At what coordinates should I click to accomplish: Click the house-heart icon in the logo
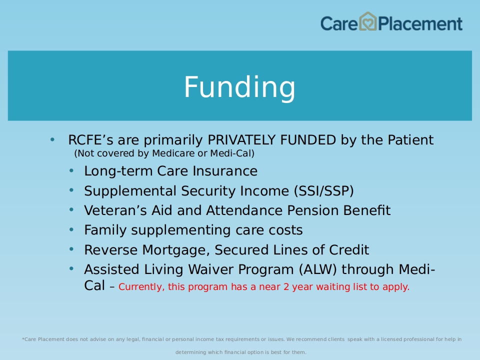point(367,21)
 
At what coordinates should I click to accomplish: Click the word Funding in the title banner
point(239,87)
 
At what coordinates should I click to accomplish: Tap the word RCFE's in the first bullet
point(90,140)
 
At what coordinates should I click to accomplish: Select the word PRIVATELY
point(241,140)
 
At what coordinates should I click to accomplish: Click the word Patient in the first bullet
point(410,140)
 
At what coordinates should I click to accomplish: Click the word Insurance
point(225,171)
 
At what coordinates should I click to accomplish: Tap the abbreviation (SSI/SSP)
point(324,191)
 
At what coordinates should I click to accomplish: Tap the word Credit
point(349,250)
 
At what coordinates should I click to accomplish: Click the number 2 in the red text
point(286,287)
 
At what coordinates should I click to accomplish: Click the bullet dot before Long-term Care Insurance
point(71,170)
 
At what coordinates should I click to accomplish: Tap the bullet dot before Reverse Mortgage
point(71,249)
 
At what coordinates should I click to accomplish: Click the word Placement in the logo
point(420,23)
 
